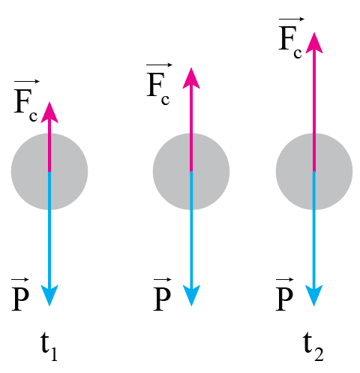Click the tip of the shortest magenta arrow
(x=49, y=102)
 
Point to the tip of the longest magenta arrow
(x=314, y=32)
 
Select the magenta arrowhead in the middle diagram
(x=191, y=78)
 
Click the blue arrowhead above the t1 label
(x=49, y=296)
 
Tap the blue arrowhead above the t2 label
(x=314, y=296)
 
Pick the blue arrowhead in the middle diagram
(x=191, y=296)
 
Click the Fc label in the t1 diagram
(x=26, y=101)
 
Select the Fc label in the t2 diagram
(x=290, y=38)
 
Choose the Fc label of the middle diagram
(x=158, y=84)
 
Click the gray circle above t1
(x=49, y=172)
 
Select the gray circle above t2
(x=314, y=172)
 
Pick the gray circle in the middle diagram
(x=191, y=172)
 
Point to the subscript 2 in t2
(x=319, y=354)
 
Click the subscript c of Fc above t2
(x=298, y=53)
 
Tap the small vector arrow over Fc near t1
(x=27, y=82)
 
